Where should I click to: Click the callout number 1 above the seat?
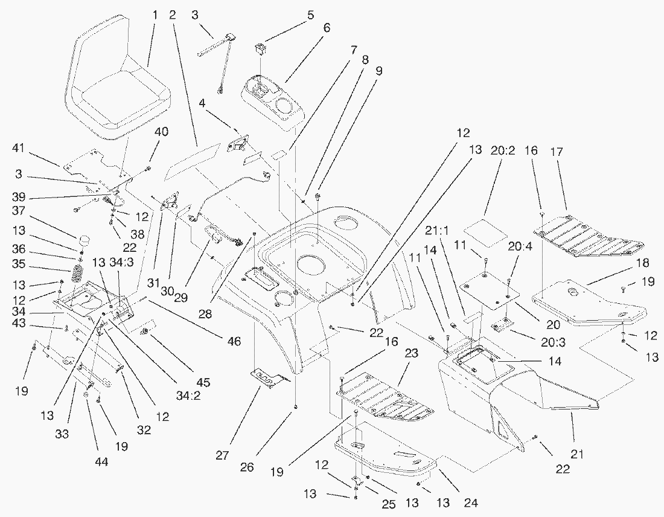(x=155, y=14)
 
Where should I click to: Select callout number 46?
(x=234, y=342)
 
